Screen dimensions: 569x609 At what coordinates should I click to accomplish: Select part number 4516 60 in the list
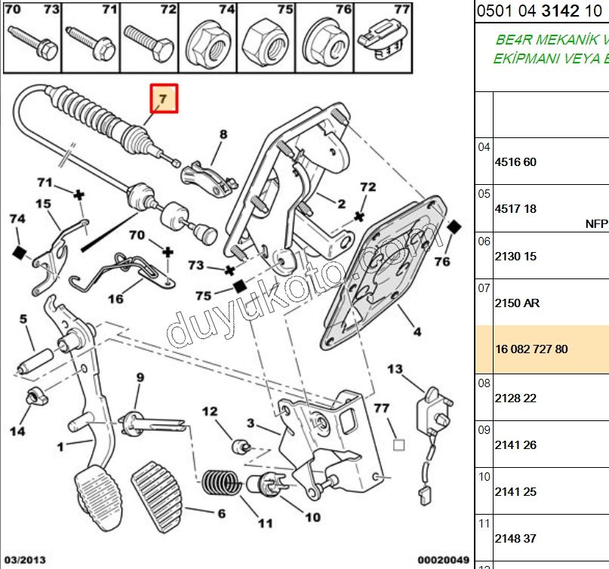click(515, 161)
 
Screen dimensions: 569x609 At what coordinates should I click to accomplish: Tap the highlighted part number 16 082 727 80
click(531, 349)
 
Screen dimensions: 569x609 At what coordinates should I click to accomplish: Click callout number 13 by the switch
click(395, 369)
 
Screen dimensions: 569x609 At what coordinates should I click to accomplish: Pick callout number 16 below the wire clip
click(115, 299)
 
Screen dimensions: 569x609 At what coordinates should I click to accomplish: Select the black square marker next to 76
click(454, 227)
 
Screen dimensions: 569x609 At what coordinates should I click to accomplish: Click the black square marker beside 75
click(239, 286)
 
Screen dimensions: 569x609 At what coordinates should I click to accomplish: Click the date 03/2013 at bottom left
click(25, 560)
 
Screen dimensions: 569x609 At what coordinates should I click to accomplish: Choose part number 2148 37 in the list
click(515, 538)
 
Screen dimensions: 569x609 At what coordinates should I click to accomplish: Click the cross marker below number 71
click(78, 195)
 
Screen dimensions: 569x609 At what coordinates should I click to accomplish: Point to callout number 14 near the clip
click(17, 431)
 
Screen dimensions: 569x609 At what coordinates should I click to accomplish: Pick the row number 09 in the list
click(484, 430)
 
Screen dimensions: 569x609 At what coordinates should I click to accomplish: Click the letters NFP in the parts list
click(596, 223)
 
